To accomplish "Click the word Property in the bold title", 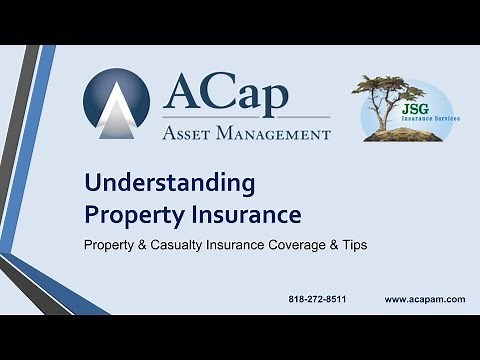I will pos(122,214).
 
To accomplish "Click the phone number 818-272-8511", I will pos(317,299).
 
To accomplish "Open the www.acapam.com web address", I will pos(425,299).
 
